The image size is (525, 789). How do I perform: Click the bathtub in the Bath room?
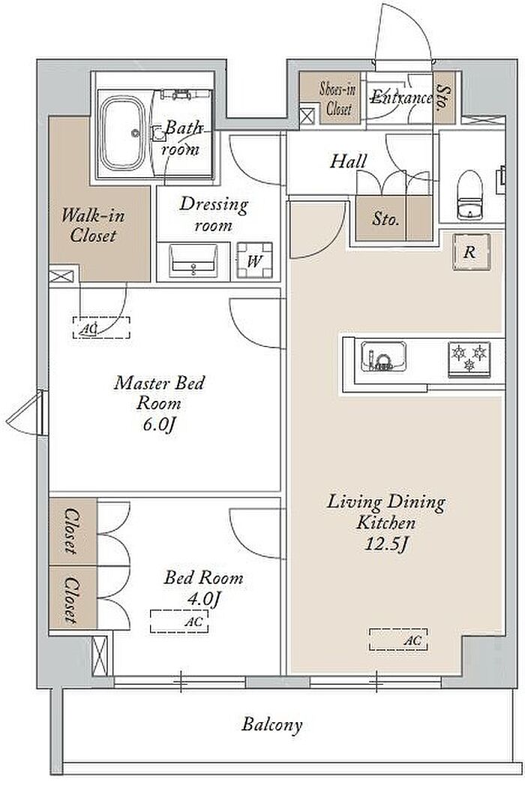click(x=123, y=134)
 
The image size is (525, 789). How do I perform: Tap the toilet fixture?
click(x=469, y=195)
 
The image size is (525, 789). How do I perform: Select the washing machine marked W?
click(x=255, y=260)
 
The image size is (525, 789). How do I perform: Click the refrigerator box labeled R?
click(x=471, y=252)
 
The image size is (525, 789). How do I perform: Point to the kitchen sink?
click(x=384, y=357)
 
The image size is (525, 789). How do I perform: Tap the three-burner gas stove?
click(x=469, y=360)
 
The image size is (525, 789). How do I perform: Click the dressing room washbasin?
click(x=193, y=260)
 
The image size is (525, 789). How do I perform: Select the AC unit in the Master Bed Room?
click(x=101, y=327)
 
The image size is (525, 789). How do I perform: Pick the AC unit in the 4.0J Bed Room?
click(x=179, y=622)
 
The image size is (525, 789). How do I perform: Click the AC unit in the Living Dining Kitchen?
click(x=399, y=640)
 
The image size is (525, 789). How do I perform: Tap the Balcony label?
click(x=272, y=724)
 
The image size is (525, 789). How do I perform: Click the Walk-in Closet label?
click(x=93, y=225)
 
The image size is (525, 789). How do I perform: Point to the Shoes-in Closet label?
click(x=338, y=98)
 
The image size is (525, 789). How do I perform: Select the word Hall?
click(x=348, y=161)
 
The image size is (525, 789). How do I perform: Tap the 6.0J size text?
click(x=159, y=425)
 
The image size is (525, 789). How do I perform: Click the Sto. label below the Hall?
click(x=385, y=219)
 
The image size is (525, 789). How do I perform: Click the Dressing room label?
click(x=214, y=215)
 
